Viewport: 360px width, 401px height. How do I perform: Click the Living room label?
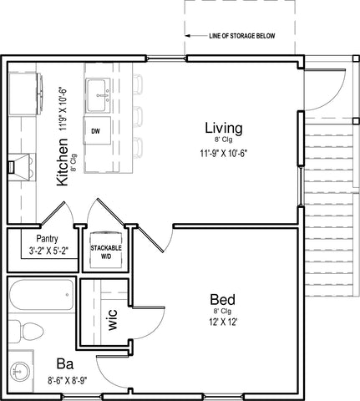click(x=224, y=128)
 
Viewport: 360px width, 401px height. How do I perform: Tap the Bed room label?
click(x=222, y=300)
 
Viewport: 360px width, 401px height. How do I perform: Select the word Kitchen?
click(x=63, y=162)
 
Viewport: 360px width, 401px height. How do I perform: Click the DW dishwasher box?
click(x=97, y=130)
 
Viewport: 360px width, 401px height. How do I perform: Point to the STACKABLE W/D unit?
click(x=106, y=250)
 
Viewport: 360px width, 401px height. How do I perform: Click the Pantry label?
click(x=48, y=239)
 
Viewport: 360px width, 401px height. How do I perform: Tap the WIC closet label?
click(x=113, y=320)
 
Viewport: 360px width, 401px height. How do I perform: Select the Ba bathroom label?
click(x=65, y=364)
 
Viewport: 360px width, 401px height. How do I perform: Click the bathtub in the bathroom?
click(x=42, y=295)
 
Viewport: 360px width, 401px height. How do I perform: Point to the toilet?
click(x=26, y=332)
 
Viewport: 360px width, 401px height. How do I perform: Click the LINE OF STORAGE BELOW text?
click(x=242, y=36)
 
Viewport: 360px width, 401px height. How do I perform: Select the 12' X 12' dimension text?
click(x=223, y=322)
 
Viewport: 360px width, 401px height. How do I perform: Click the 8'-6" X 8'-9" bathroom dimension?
click(x=68, y=380)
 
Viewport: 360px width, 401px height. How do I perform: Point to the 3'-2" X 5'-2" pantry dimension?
click(x=49, y=251)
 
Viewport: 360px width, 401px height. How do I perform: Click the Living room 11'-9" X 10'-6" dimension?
click(x=224, y=154)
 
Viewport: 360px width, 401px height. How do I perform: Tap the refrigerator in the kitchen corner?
click(x=26, y=94)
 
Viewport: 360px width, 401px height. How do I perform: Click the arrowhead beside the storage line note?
click(x=188, y=36)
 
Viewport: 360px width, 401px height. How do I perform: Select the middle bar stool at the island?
click(x=138, y=116)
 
